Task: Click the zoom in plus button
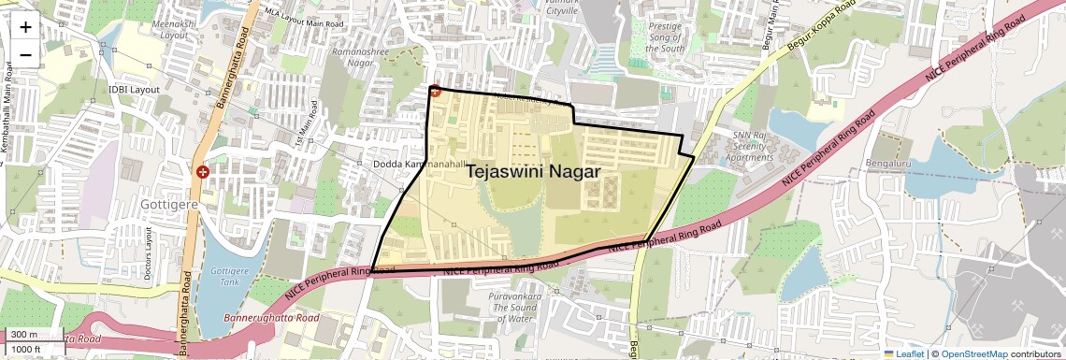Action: (25, 26)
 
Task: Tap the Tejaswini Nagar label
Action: (532, 172)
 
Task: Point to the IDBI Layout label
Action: (135, 90)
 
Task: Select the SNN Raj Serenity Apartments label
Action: (744, 147)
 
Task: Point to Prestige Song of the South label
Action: (667, 37)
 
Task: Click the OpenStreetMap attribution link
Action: (973, 353)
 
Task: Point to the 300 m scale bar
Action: (33, 335)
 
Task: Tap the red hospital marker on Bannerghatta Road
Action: (203, 172)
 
